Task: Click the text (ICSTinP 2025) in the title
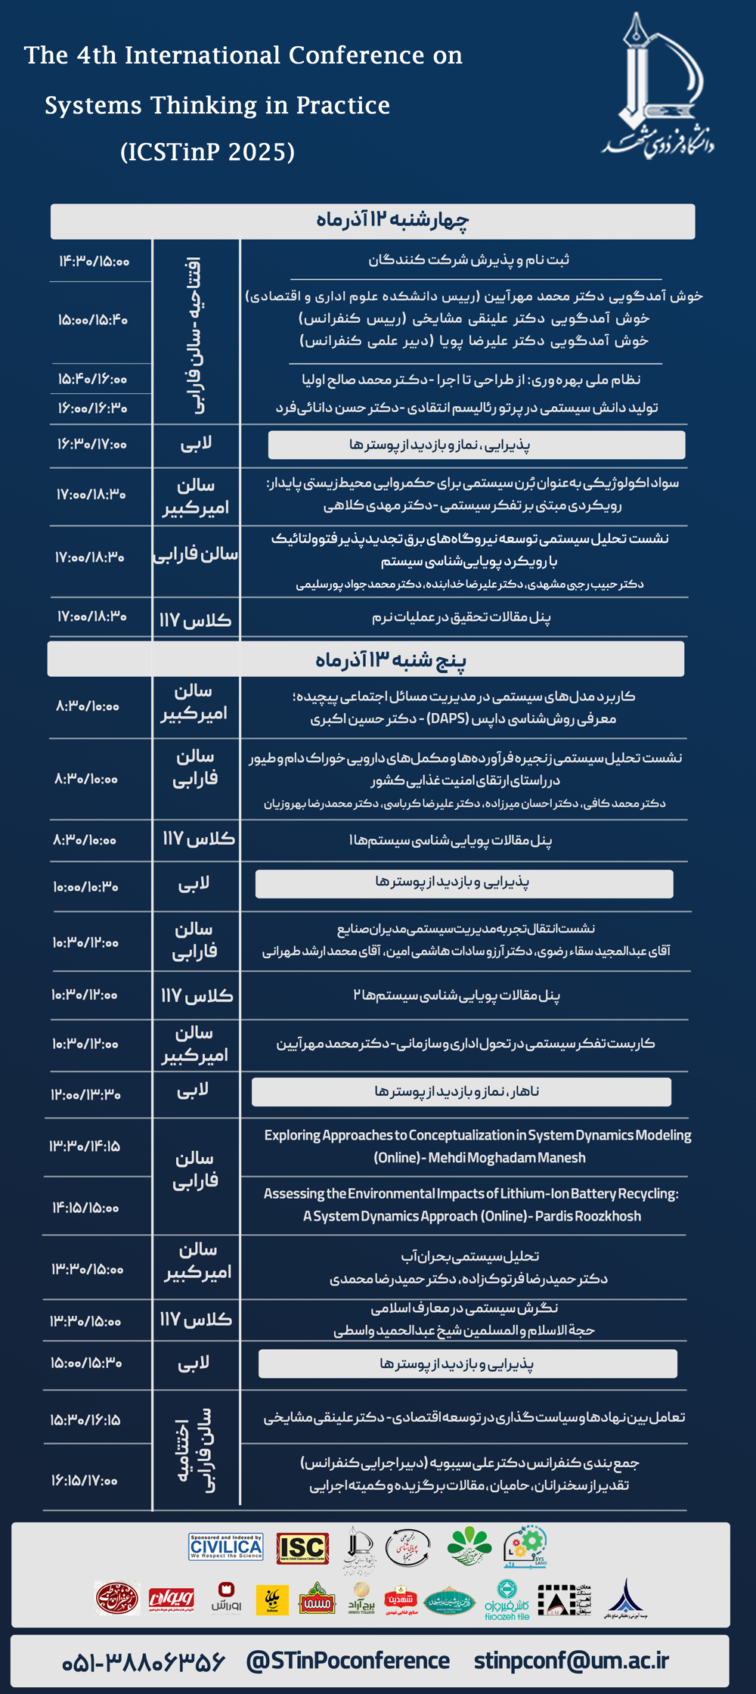click(x=207, y=152)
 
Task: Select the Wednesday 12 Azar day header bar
click(x=373, y=221)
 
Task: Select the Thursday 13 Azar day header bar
click(x=366, y=659)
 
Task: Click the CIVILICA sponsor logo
click(x=225, y=1547)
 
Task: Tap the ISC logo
click(x=302, y=1548)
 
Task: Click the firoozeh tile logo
click(x=506, y=1600)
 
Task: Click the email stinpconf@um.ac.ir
click(x=572, y=1660)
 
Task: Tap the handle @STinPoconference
click(x=348, y=1660)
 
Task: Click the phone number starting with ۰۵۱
click(x=144, y=1661)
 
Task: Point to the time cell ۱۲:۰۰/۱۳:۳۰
click(x=85, y=1094)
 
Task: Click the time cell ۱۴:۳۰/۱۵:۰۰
click(x=94, y=262)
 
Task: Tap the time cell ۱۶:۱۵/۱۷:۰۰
click(x=85, y=1480)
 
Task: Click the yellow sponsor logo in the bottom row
click(x=272, y=1600)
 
